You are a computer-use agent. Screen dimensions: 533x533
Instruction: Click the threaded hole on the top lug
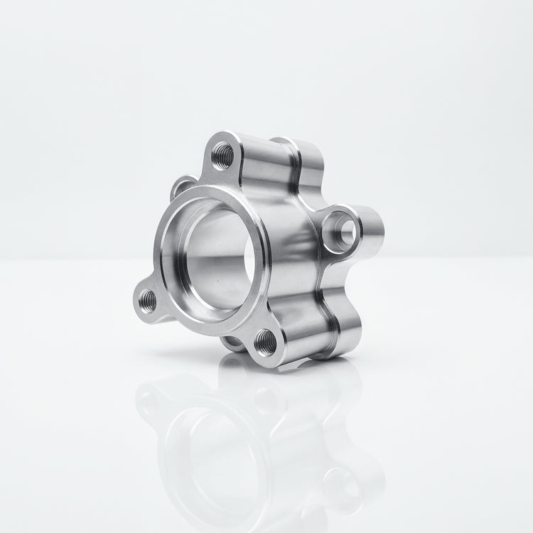[x=222, y=154]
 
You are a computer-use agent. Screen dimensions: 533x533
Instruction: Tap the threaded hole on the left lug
[x=148, y=301]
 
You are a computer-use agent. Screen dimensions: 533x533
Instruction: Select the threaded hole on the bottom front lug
[x=266, y=342]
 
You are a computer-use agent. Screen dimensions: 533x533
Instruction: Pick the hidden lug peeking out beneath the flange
[x=232, y=344]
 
